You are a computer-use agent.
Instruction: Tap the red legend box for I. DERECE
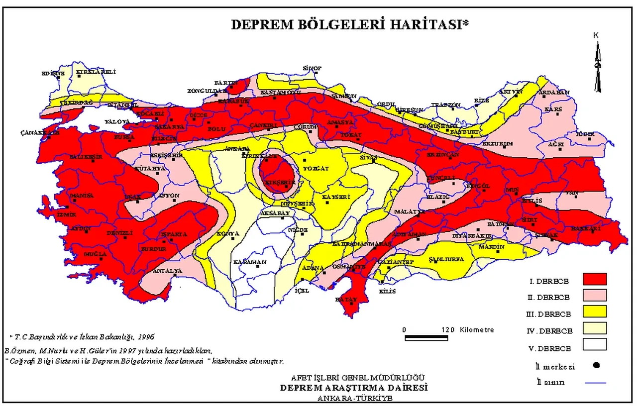pos(594,280)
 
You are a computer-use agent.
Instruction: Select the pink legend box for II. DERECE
pos(594,296)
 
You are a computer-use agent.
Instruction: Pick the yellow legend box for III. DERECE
pos(594,313)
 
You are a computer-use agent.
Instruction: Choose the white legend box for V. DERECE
pos(594,345)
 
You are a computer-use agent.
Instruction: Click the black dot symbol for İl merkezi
pos(597,365)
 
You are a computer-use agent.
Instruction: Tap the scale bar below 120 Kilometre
pos(427,338)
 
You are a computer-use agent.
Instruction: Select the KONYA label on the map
pos(227,233)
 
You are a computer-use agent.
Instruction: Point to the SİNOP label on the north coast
pos(313,68)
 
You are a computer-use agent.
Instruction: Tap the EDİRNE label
pos(53,74)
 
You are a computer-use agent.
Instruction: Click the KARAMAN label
pos(250,262)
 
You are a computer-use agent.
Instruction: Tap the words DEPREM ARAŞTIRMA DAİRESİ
pos(354,388)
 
